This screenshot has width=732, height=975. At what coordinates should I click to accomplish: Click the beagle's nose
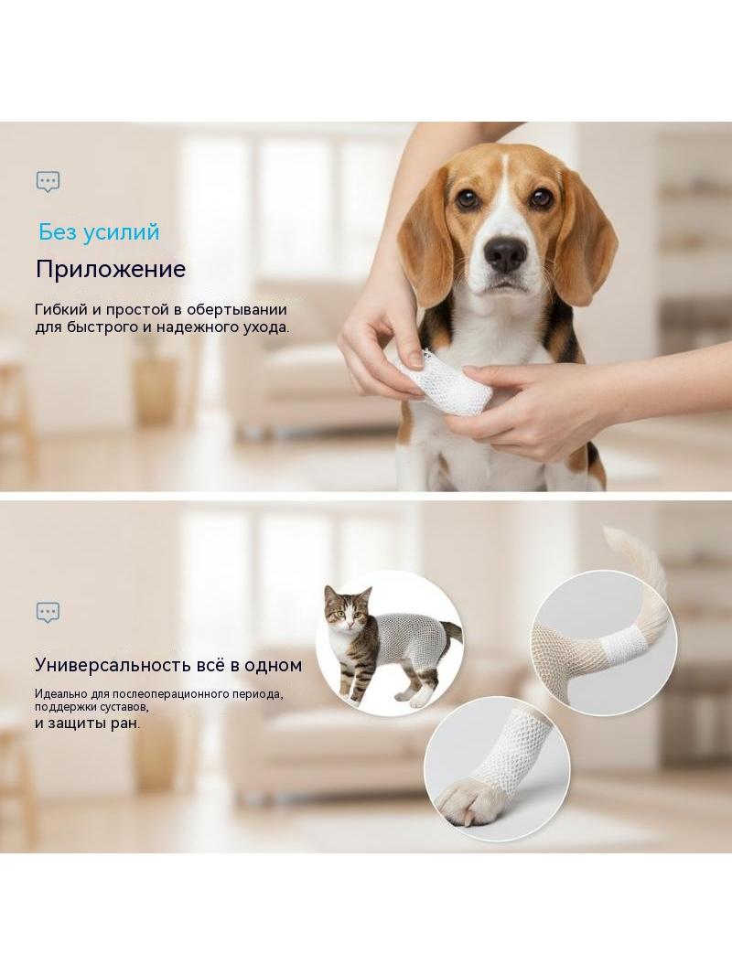[505, 254]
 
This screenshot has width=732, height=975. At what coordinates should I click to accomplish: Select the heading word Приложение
[111, 269]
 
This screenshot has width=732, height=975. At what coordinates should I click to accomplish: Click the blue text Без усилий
[99, 232]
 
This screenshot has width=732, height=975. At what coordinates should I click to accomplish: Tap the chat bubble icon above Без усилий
[48, 182]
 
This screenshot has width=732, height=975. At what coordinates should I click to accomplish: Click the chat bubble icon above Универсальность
[48, 613]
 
